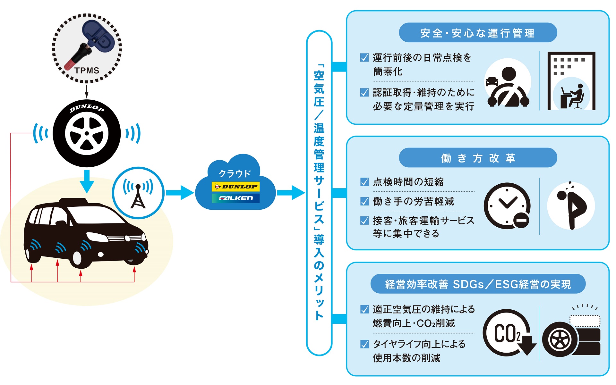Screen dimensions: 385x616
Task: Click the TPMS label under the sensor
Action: click(87, 71)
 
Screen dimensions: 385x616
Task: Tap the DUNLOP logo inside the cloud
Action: click(236, 187)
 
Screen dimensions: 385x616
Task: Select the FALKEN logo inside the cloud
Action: click(236, 198)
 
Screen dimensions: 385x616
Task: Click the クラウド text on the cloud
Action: click(235, 174)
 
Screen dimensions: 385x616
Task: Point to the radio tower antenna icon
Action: click(138, 193)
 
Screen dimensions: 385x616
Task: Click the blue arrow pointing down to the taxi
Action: click(87, 181)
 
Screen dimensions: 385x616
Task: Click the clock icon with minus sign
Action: click(507, 206)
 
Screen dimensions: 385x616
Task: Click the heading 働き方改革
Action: click(478, 158)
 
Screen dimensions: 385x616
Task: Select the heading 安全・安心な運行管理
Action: click(478, 33)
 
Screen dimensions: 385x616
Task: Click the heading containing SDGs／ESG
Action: click(478, 284)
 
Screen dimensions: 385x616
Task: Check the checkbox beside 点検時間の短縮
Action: click(364, 182)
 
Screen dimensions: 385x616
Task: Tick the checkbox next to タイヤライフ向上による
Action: click(364, 344)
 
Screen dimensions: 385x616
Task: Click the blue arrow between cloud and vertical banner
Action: click(290, 193)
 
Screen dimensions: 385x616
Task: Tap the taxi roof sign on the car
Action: click(74, 201)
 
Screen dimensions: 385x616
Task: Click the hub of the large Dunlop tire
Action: click(87, 133)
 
